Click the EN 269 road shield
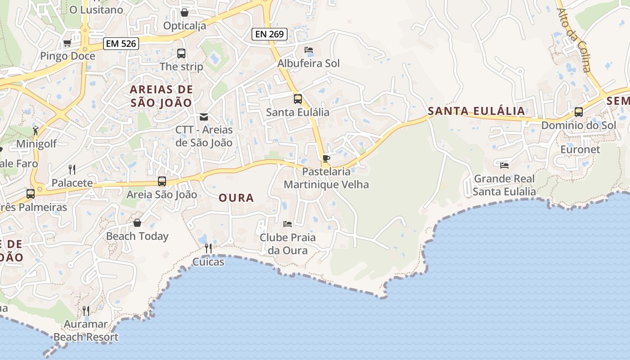tap(269, 34)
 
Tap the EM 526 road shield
tap(121, 44)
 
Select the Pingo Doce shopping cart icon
tap(67, 43)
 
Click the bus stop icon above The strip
tap(181, 54)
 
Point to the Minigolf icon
tap(36, 131)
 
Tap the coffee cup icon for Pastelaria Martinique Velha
tap(326, 158)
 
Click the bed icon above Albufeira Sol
tap(309, 50)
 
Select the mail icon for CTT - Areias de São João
tap(204, 117)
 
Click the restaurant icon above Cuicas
tap(208, 248)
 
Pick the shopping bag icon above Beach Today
tap(137, 223)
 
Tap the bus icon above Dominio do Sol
tap(579, 112)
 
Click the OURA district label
tap(236, 198)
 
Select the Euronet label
tap(580, 149)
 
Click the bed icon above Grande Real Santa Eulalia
tap(504, 166)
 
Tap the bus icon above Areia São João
tap(162, 181)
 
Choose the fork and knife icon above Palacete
tap(72, 169)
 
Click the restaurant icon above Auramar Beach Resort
tap(86, 310)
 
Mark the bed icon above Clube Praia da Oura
tap(288, 224)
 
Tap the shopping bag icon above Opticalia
tap(184, 13)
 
